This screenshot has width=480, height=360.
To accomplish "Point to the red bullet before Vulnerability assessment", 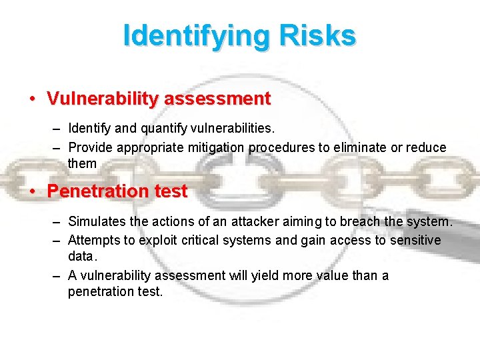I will click(32, 99).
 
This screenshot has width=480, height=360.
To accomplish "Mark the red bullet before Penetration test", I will click(32, 191).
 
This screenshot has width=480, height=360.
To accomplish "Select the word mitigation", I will click(220, 147).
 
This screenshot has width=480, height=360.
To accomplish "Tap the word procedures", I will click(281, 147).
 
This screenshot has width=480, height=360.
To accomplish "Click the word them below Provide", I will click(82, 163).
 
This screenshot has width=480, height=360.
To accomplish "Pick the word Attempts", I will click(95, 240).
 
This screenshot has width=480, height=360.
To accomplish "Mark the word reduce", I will click(423, 147).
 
